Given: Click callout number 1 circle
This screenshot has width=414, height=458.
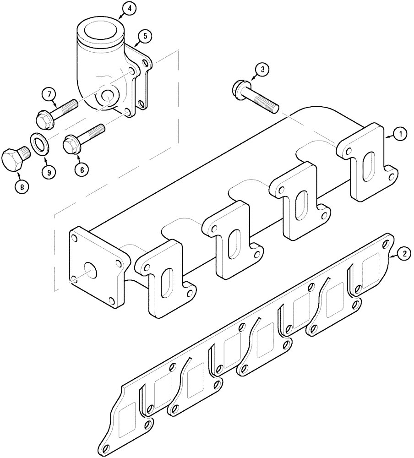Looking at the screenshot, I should (x=400, y=134).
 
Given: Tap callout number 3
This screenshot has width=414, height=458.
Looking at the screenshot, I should (x=262, y=70).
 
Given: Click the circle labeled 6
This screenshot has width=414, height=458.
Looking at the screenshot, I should (x=82, y=169).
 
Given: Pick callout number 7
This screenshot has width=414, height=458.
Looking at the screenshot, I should (x=49, y=94).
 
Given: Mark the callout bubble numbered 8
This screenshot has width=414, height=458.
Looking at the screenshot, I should (x=21, y=186).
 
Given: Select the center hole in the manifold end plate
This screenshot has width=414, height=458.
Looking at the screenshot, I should (x=90, y=270).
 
